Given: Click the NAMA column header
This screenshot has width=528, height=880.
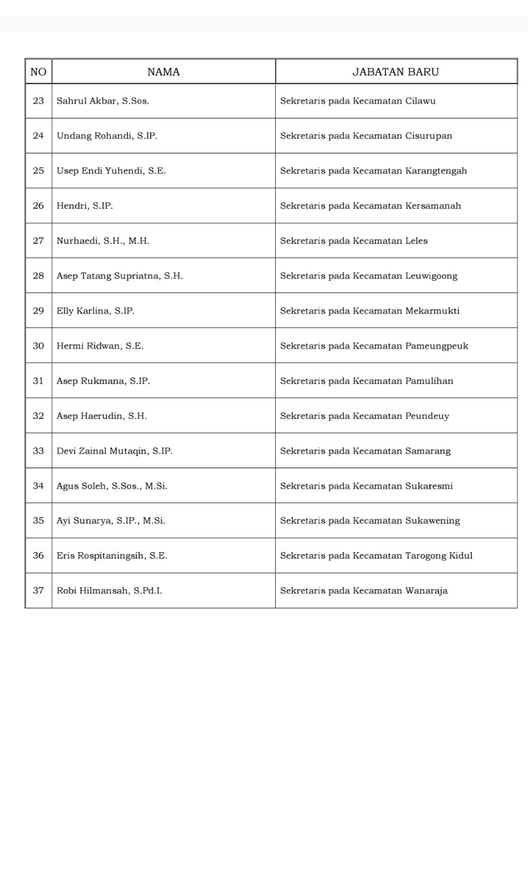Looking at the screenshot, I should (164, 72).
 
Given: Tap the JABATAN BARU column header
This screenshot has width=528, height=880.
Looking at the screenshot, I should (396, 72).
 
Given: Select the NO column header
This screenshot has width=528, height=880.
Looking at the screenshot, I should (38, 72).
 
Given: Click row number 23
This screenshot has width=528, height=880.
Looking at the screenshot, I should (38, 101).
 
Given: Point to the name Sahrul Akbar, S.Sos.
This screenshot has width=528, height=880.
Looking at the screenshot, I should (103, 101).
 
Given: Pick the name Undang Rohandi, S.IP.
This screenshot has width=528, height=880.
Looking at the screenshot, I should (107, 136).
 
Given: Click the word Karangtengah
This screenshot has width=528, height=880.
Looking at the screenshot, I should (436, 171).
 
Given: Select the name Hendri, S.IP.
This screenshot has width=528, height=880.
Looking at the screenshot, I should (85, 206).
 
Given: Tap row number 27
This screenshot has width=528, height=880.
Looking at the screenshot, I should (38, 241).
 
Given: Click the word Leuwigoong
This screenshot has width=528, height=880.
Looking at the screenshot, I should (431, 276).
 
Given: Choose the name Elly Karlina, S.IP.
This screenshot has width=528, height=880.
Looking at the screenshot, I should (95, 311).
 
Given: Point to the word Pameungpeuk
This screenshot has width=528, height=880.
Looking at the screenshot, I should (437, 346).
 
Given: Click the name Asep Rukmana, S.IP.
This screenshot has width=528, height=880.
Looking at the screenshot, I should (103, 381).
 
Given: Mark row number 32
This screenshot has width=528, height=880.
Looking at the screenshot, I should (38, 416).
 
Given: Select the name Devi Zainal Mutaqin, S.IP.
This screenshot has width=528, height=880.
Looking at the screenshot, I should (114, 451).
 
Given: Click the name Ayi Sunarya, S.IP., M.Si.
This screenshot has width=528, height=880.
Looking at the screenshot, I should (111, 521).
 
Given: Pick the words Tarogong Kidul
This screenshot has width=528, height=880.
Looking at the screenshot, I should (439, 556).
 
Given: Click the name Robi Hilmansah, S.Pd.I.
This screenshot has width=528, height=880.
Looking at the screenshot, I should (109, 590).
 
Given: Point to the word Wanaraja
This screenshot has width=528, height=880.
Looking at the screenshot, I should (426, 590).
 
